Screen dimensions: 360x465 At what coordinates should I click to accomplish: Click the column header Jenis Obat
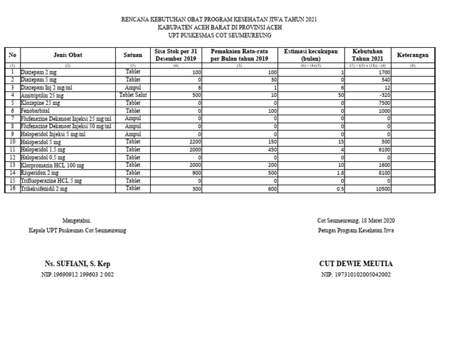[x=67, y=55]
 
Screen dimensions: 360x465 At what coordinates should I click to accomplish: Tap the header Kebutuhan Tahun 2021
[x=368, y=55]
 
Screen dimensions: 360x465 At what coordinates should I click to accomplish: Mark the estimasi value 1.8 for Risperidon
[x=340, y=173]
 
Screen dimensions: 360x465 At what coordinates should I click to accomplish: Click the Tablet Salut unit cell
[x=133, y=95]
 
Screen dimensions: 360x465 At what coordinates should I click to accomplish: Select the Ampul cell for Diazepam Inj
[x=133, y=87]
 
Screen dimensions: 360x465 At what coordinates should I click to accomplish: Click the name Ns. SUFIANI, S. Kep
[x=77, y=264]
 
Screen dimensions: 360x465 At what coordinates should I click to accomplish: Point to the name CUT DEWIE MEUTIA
[x=355, y=264]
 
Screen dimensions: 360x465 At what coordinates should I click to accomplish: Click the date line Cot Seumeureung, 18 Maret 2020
[x=355, y=221]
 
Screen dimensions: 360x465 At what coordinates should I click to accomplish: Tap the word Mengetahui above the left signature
[x=77, y=221]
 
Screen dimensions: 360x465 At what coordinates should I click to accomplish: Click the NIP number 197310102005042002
[x=355, y=275]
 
